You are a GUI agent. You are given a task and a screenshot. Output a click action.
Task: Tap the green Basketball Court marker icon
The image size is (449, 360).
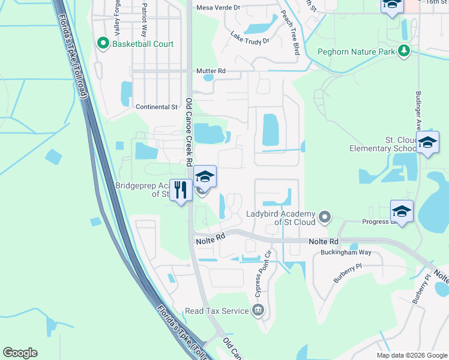click(x=103, y=44)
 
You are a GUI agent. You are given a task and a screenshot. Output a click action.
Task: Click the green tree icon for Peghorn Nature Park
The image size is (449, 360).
click(x=405, y=52)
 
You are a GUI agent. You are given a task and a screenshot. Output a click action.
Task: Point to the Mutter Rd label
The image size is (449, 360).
click(x=211, y=71)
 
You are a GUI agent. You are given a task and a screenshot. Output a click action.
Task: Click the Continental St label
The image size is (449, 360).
click(x=157, y=107)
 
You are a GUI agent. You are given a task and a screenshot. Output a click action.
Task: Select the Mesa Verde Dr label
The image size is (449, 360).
click(x=218, y=8)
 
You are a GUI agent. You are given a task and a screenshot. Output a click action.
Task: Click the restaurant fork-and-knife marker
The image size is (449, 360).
click(x=181, y=190)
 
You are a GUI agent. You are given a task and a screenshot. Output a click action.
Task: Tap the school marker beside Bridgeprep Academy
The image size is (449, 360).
click(x=205, y=176)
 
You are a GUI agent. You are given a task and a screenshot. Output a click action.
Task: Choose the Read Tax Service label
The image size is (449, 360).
click(x=217, y=311)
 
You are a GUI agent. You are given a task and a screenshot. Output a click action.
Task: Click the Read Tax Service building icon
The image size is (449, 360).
click(x=259, y=310)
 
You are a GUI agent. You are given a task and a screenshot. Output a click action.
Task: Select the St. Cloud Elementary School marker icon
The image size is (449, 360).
click(x=427, y=143)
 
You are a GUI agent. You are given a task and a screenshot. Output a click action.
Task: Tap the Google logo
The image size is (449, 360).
click(x=20, y=353)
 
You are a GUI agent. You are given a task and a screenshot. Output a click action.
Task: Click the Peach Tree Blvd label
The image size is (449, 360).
click(x=289, y=35)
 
